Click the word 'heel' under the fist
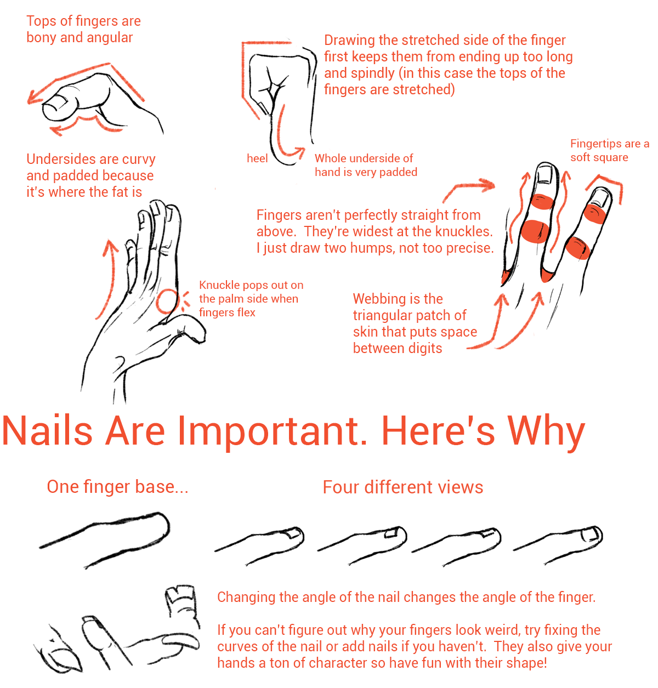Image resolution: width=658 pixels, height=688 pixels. pyautogui.click(x=257, y=158)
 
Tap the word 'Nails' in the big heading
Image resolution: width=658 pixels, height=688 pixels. pyautogui.click(x=47, y=431)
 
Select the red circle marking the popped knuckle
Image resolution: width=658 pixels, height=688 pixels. pyautogui.click(x=167, y=301)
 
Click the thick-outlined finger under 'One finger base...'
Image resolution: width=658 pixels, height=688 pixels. pyautogui.click(x=105, y=539)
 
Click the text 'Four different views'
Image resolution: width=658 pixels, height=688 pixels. pyautogui.click(x=403, y=487)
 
